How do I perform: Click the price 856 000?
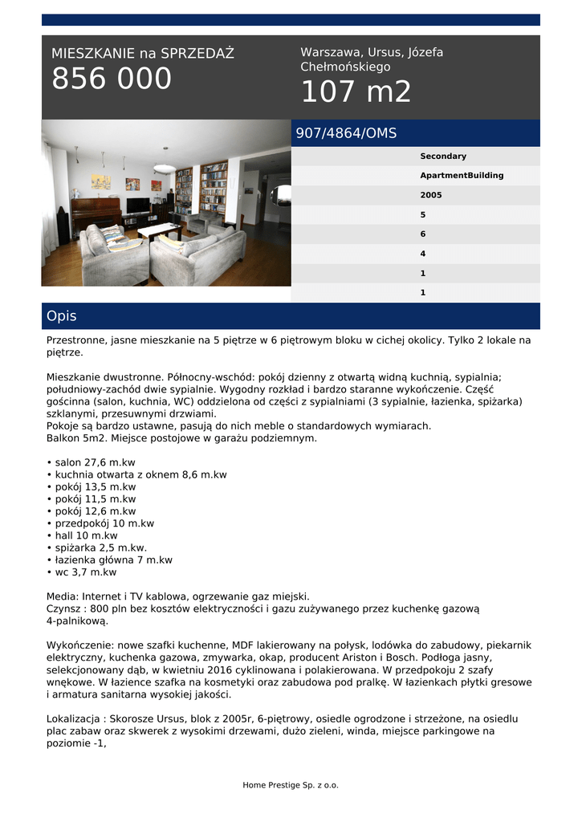point(112,79)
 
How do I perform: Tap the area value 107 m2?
point(356,92)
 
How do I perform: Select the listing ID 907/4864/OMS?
point(346,133)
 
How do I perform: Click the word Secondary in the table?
point(443,157)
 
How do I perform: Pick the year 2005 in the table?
point(431,195)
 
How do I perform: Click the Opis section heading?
point(62,315)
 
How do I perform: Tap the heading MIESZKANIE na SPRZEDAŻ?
point(143,54)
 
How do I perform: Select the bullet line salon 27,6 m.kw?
point(95,462)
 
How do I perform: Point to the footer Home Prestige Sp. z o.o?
point(291,785)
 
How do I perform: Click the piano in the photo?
point(96,213)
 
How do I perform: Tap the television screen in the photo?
point(138,205)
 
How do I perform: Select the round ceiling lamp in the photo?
point(165,168)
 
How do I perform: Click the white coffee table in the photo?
point(159,230)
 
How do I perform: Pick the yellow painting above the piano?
point(100,181)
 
